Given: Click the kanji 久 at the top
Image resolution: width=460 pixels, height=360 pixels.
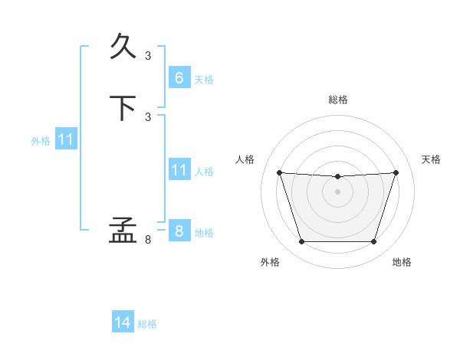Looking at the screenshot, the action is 123,46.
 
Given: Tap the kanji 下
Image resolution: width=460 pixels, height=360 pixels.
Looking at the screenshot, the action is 123,108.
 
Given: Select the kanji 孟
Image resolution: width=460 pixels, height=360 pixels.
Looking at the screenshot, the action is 123,230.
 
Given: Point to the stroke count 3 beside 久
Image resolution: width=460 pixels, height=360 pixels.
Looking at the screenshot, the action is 148,56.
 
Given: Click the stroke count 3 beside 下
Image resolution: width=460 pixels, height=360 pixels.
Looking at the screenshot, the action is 148,117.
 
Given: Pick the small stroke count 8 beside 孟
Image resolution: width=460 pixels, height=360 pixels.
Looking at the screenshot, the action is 148,240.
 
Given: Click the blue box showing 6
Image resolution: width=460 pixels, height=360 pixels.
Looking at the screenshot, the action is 180,77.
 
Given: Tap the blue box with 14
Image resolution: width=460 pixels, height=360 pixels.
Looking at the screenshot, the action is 123,321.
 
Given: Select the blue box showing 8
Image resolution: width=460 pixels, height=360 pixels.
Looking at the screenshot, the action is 180,230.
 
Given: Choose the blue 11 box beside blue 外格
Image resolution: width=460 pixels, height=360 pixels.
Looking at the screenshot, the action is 66,139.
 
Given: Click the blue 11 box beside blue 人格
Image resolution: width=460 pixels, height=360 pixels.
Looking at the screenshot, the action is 180,169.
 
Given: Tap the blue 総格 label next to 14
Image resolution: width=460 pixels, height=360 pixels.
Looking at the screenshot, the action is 147,324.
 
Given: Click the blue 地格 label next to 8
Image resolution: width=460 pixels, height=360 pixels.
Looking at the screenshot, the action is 204,233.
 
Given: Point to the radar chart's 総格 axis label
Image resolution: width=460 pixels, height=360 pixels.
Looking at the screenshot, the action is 338,100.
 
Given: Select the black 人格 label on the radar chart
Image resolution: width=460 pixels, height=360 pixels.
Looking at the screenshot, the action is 245,159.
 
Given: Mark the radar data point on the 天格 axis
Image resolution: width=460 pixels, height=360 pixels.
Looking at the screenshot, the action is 396,172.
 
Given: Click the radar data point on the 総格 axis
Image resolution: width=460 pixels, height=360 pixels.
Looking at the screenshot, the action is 337,176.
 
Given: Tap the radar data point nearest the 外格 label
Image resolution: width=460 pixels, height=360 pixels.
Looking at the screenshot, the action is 302,241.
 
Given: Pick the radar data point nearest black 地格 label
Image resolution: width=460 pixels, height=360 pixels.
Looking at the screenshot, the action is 373,241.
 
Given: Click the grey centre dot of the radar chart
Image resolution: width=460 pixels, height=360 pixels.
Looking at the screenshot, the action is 337,191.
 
